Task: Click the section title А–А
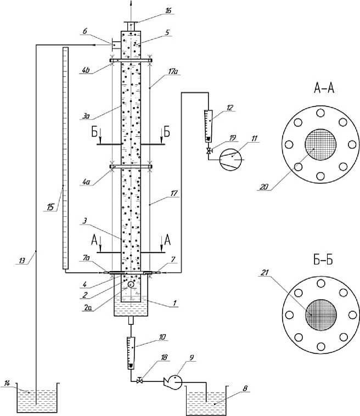click(324, 88)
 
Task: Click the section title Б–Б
click(323, 260)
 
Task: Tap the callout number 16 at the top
click(168, 10)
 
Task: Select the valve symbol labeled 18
click(139, 381)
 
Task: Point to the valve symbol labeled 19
click(209, 151)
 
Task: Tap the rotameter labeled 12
click(209, 126)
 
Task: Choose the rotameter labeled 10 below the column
click(131, 353)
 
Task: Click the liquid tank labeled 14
click(37, 397)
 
